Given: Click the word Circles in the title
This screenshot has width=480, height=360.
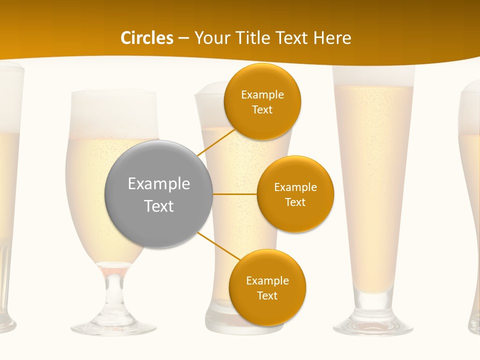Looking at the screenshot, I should pyautogui.click(x=147, y=38).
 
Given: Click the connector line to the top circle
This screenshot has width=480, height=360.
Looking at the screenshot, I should pyautogui.click(x=216, y=142).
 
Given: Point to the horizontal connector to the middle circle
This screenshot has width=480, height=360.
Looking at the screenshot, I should pyautogui.click(x=234, y=194).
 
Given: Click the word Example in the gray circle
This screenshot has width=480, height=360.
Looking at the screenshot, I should pyautogui.click(x=159, y=183).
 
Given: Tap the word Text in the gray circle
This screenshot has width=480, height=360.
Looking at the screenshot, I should pyautogui.click(x=159, y=205).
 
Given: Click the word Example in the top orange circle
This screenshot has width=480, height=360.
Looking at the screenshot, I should pyautogui.click(x=262, y=94).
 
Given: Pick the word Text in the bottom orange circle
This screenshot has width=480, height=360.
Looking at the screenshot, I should pyautogui.click(x=267, y=295).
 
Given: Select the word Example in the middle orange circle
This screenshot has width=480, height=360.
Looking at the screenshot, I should pyautogui.click(x=295, y=187).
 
